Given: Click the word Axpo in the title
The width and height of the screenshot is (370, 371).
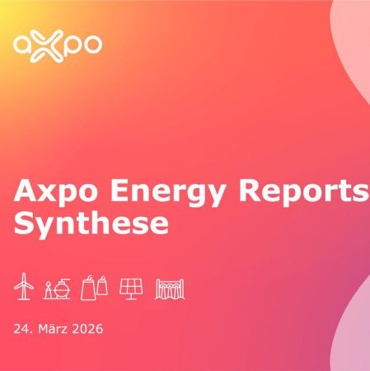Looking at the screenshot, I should [x=57, y=193].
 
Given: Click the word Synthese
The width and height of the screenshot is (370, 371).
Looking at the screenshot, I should [x=91, y=224].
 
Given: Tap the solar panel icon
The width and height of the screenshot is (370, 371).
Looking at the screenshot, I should [x=131, y=288].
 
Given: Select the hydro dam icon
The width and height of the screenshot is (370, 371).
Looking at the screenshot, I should [x=170, y=288].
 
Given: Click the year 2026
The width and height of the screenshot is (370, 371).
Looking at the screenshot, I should [x=87, y=329].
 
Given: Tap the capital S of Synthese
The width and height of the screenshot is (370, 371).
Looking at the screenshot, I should [x=24, y=223].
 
